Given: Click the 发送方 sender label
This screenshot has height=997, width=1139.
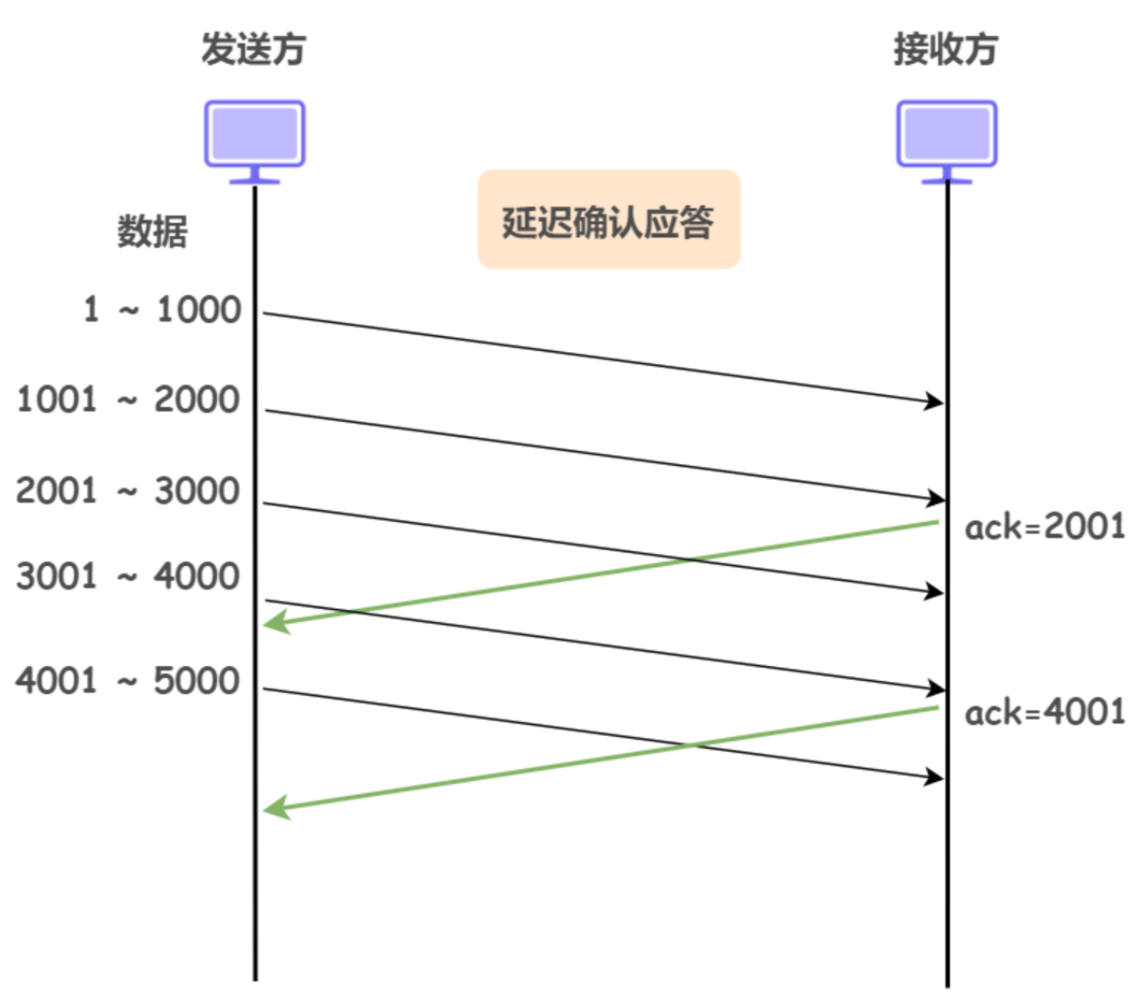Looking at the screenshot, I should [254, 49].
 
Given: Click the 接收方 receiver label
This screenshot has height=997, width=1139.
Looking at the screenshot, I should [946, 49].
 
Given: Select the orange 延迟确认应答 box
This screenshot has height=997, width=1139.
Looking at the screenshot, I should [609, 220].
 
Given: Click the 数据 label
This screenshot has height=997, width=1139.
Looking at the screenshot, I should [152, 231].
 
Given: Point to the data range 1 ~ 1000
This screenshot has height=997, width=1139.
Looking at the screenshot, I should [162, 310].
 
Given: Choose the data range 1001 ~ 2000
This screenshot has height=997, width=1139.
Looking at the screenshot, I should [128, 400].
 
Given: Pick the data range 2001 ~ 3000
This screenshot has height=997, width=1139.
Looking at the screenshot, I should [128, 491].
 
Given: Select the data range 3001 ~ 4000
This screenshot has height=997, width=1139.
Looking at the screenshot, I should [128, 577].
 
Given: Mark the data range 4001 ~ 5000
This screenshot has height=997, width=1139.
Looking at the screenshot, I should [128, 681].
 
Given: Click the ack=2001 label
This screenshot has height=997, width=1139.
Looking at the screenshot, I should [1044, 527].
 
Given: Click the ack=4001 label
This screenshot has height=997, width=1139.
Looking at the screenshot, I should [1044, 712].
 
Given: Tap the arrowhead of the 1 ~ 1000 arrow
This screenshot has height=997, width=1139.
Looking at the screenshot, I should [935, 401].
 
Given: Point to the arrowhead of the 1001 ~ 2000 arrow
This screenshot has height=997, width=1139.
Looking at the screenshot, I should [935, 498].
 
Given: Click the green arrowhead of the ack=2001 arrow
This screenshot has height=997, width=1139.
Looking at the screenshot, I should [275, 624].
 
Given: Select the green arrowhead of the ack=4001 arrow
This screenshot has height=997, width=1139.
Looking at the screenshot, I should [275, 809].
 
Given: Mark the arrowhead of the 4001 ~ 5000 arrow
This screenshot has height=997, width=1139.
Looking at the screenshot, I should [935, 777].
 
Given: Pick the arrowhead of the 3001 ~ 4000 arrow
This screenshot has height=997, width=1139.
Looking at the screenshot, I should [935, 688].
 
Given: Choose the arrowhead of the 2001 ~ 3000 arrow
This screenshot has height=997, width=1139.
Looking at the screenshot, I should [935, 592].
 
